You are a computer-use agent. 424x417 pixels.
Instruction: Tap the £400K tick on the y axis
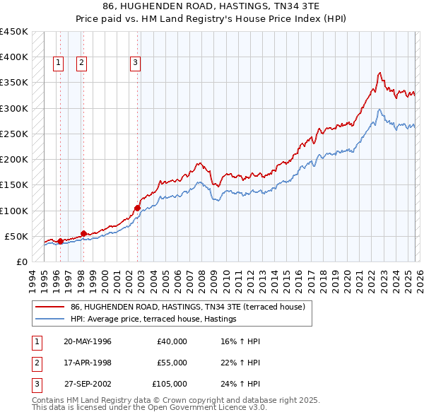(14, 57)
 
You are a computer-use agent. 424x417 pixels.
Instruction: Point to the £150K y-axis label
(14, 184)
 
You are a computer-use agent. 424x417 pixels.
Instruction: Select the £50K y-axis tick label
(16, 236)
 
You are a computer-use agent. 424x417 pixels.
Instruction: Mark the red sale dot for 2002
(137, 208)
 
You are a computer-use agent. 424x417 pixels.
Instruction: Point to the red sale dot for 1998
(83, 233)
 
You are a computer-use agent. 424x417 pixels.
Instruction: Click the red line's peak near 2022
(380, 73)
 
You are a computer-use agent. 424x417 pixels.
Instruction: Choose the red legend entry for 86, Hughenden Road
(187, 307)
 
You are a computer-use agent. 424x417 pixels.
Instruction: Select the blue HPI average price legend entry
(153, 319)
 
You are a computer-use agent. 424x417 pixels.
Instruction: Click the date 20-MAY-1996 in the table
(88, 341)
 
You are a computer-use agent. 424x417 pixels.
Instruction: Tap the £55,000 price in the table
(172, 363)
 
